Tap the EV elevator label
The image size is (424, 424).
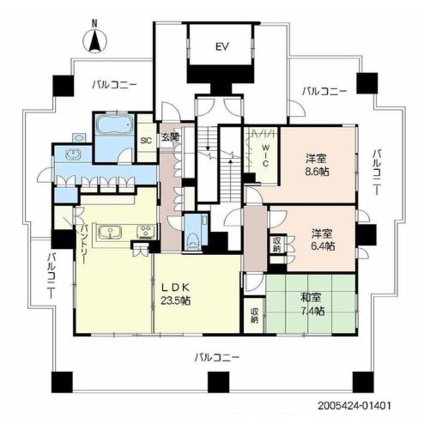point(221,47)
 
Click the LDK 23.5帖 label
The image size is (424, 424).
point(175,294)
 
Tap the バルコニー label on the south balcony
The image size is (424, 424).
point(217,357)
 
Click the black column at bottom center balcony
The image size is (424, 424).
point(217,383)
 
